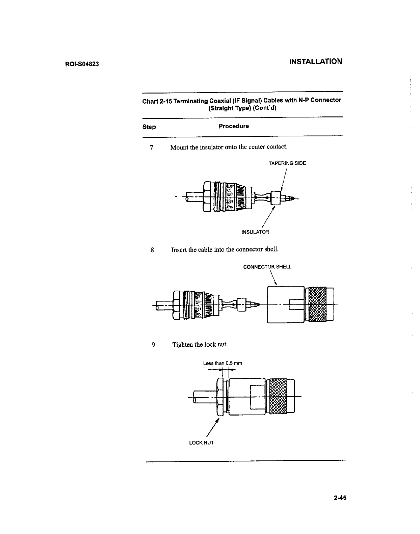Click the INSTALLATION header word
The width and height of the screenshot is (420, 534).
316,61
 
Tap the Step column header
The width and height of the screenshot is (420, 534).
149,127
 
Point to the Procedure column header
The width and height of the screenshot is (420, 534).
234,126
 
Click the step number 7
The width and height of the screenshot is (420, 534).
152,148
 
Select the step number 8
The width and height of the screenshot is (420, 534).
153,250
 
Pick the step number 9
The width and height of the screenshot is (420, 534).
153,345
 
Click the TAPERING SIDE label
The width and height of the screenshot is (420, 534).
287,163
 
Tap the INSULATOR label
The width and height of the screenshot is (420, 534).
255,232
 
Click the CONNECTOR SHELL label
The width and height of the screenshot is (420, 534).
267,267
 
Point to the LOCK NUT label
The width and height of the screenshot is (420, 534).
202,443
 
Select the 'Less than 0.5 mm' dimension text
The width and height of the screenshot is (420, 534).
222,364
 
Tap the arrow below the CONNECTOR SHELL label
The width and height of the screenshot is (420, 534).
273,278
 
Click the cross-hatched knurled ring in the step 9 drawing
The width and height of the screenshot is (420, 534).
278,396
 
